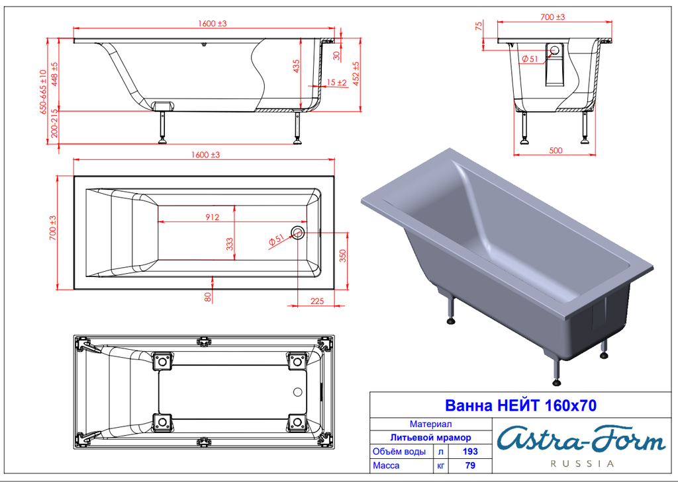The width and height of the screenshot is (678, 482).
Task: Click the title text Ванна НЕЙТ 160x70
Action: coord(520,405)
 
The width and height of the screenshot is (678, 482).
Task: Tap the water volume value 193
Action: coord(470,452)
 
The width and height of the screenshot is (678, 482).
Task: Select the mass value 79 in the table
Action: coord(470,465)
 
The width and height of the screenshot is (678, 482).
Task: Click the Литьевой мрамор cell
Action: coord(430,438)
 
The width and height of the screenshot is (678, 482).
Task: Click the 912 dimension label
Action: coord(213,218)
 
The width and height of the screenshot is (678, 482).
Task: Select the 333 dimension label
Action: coord(230,244)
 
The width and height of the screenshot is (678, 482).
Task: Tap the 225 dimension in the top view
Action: coord(317,301)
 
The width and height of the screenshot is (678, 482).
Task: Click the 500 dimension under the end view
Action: coord(556,150)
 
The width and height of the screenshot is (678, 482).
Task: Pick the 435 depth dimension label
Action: coord(296,66)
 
